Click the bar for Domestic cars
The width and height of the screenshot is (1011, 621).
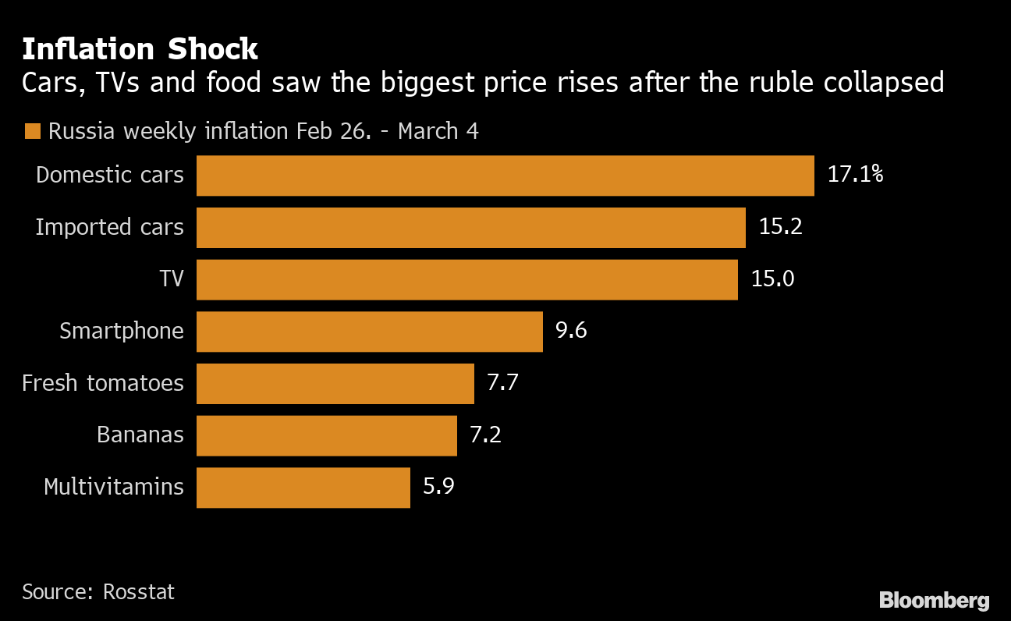[505, 176]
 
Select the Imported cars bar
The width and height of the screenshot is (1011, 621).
[470, 228]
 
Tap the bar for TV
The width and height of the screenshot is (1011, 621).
[466, 280]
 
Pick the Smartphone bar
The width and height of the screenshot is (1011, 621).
[369, 332]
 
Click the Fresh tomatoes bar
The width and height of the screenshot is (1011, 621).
[335, 384]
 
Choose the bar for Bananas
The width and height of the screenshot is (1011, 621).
[326, 435]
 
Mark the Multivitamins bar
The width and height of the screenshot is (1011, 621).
[303, 488]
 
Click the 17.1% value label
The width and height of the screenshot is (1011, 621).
[855, 175]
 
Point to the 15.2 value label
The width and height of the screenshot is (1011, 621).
[780, 227]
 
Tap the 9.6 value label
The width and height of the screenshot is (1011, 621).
[571, 331]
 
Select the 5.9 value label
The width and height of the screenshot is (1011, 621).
[438, 487]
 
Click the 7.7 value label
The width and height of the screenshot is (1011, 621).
[502, 383]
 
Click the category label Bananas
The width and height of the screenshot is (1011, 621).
[140, 435]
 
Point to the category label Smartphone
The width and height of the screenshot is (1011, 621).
[122, 332]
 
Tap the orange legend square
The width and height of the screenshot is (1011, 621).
[32, 131]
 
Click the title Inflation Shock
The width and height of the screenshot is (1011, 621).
[140, 48]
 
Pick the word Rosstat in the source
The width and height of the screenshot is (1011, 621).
[139, 591]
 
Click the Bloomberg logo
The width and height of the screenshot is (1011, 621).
[934, 600]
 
